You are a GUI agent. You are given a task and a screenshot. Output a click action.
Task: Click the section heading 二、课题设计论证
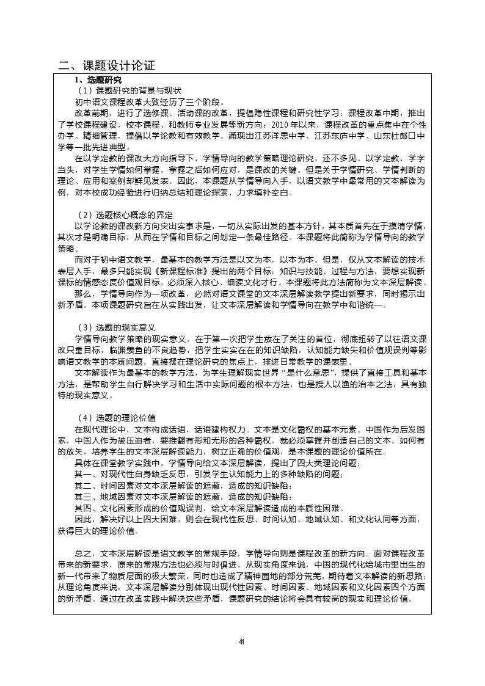tap(107, 66)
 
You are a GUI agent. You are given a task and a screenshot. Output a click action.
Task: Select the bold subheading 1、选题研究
tap(98, 81)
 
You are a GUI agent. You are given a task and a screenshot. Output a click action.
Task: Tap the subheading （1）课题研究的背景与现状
tap(125, 90)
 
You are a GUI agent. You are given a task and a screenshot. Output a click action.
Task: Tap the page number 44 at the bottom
tap(242, 641)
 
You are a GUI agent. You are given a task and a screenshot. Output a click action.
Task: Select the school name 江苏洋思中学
tap(283, 136)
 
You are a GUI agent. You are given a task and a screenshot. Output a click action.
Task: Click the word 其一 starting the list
tap(82, 475)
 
